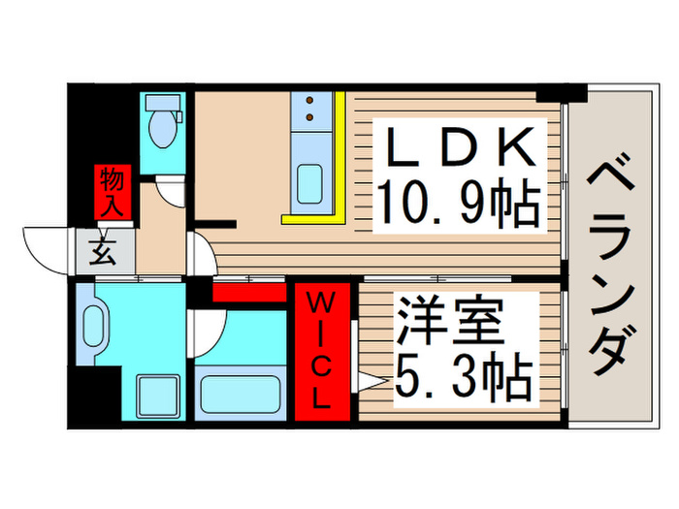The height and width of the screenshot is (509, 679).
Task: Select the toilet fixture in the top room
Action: (160, 121)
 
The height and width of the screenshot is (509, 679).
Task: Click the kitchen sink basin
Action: (311, 181)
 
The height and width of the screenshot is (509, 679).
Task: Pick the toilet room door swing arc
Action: (172, 192)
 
